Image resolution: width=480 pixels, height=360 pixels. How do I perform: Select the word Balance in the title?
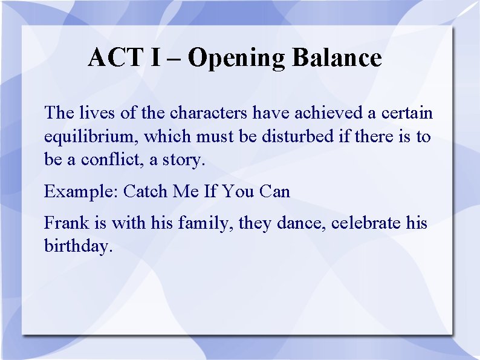coord(337,58)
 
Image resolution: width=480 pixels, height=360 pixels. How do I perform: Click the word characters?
coord(209,113)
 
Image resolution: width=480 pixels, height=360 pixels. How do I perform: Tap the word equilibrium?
coord(92,137)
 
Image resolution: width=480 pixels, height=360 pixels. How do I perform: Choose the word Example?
coord(80,192)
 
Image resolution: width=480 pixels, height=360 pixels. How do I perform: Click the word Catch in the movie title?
coord(146,192)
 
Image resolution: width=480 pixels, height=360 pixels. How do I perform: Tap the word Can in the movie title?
coord(274,192)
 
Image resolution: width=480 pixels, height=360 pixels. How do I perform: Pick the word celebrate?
coord(366,223)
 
